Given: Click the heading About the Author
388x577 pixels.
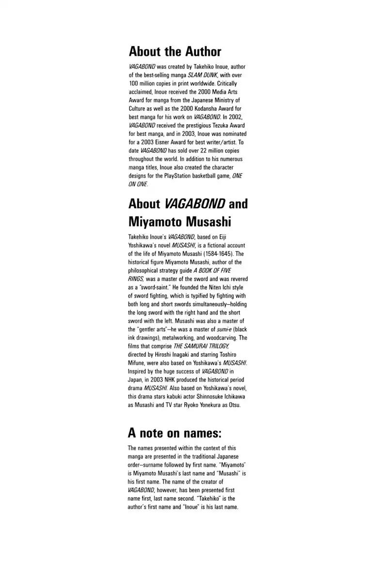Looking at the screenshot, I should pyautogui.click(x=175, y=51).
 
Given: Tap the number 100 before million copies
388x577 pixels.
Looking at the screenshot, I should pyautogui.click(x=133, y=83).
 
